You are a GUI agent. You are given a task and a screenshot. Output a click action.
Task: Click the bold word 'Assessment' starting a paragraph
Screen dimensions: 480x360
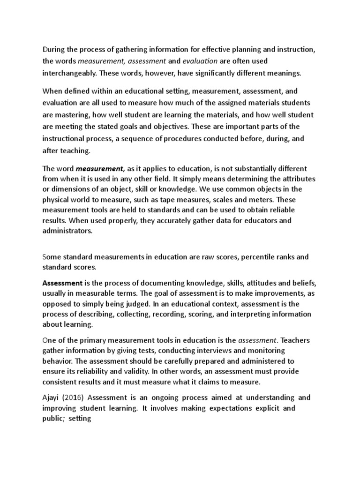pos(62,284)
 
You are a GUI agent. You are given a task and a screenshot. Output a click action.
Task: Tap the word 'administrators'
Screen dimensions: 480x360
pos(67,231)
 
